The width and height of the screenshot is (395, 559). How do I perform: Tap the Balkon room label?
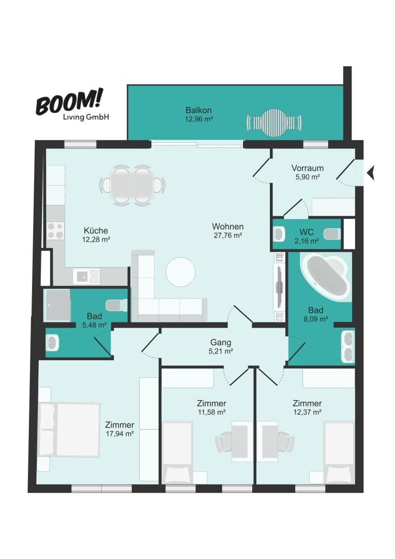199,110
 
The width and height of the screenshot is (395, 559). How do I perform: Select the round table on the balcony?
274,123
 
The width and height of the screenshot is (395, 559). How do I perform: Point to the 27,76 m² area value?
228,236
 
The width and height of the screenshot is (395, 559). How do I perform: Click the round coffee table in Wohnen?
180,272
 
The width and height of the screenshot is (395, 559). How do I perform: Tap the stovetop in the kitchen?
55,230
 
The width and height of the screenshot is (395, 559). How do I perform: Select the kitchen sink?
86,276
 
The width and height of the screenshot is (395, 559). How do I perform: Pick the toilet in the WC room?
331,234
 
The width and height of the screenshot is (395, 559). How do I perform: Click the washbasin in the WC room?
279,234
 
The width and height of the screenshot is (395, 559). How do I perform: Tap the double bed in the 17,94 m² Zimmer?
69,430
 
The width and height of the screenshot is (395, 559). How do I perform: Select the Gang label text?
220,342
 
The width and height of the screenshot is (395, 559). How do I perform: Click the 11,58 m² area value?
211,412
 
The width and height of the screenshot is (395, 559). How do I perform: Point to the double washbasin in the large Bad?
347,346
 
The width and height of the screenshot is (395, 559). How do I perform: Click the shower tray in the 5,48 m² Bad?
57,305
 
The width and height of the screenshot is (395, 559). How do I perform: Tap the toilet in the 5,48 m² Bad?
116,305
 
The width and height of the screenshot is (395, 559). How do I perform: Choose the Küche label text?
96,230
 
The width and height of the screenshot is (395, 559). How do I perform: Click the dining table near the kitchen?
132,185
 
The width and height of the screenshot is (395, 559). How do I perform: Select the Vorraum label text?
308,168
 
